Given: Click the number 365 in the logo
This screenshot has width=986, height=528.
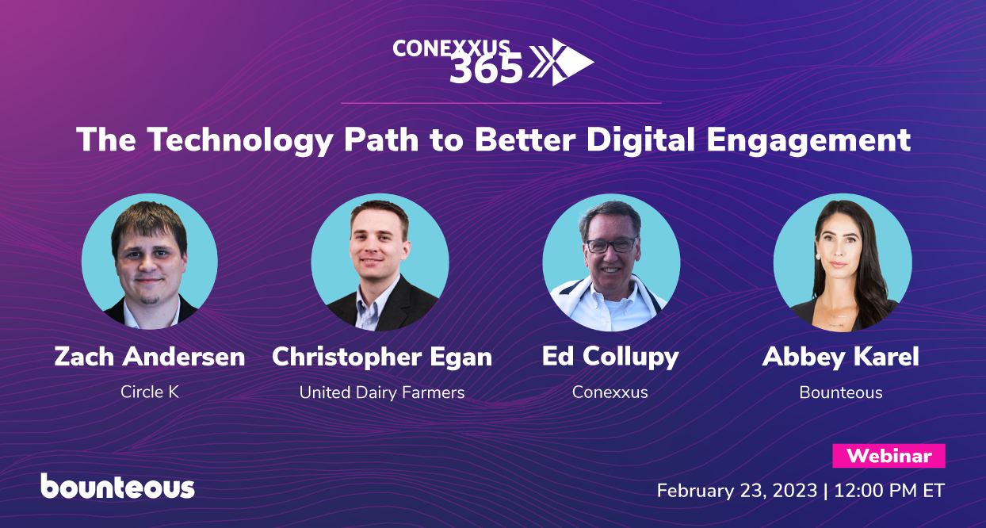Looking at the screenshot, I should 486,71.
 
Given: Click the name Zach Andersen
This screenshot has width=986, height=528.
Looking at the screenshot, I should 150,357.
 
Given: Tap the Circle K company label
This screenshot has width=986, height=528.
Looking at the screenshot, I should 150,392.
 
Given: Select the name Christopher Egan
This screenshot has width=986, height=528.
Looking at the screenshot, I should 382,357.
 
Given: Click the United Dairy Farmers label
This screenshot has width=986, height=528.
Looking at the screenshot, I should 382,392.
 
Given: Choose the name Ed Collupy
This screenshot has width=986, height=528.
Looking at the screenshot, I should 610,357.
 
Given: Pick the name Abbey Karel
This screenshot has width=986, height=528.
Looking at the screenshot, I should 841,357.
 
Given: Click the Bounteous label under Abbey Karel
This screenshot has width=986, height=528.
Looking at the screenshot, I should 841,392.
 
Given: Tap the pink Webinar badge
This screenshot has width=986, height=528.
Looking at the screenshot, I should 889,456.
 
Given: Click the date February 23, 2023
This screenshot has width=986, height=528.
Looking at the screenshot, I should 736,491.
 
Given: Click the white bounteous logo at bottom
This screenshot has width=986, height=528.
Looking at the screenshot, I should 117,486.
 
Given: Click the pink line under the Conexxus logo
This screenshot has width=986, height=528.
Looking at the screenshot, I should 500,103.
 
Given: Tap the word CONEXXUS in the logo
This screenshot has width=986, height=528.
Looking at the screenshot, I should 452,48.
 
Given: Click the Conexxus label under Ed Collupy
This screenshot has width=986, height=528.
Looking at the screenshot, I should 610,392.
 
